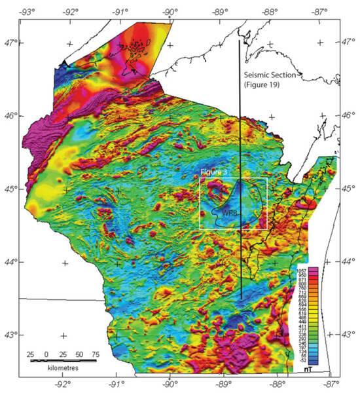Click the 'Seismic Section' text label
[x=270, y=75]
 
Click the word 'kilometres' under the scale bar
[x=54, y=369]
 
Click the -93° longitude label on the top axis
[x=27, y=10]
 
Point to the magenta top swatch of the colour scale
[x=314, y=270]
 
